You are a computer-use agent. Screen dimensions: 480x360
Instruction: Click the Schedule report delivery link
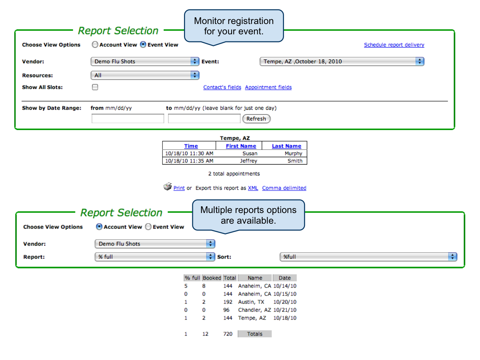pos(394,45)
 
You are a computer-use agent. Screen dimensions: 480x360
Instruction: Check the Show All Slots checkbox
pos(95,87)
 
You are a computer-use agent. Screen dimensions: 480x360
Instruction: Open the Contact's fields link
pos(222,87)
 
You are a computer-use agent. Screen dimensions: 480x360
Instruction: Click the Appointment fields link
pos(268,87)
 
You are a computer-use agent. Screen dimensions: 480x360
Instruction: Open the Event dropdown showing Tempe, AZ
pos(342,61)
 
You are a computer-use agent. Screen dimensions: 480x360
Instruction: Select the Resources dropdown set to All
pos(145,75)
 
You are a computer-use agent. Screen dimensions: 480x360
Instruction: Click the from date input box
pos(128,119)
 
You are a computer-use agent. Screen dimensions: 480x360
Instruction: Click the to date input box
pos(204,119)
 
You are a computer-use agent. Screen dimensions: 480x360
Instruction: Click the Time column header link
pos(191,146)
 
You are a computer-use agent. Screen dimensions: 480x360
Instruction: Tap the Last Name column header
pos(286,146)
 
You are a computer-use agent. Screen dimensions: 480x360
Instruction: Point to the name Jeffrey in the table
pos(248,161)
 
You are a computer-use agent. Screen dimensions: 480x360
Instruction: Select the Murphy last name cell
pos(293,153)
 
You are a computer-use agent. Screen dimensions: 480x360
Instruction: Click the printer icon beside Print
pos(168,186)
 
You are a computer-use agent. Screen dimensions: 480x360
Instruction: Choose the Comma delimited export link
pos(284,188)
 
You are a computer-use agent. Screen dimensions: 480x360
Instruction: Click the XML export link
pos(253,188)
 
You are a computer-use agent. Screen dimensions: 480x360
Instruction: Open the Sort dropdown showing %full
pos(368,257)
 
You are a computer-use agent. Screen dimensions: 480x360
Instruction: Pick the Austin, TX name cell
pos(251,302)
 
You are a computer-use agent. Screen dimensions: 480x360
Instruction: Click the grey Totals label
pos(255,334)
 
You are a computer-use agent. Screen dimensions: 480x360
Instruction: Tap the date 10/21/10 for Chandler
pos(285,310)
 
